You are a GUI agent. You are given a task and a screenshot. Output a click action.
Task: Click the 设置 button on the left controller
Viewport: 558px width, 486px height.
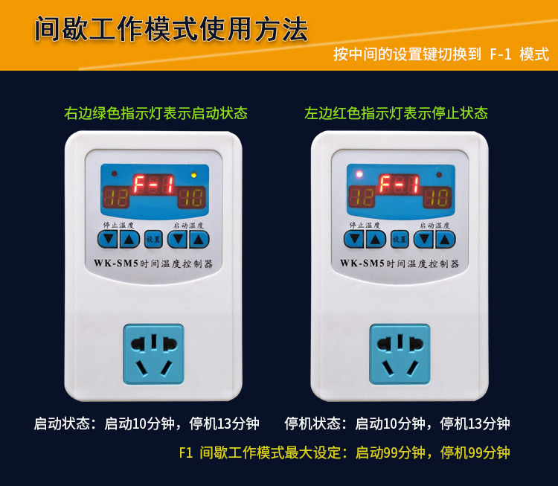point(153,239)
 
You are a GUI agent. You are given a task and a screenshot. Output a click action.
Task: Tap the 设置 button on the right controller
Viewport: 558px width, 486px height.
point(400,239)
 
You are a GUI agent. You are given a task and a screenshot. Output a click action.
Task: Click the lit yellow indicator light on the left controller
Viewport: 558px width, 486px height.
point(194,175)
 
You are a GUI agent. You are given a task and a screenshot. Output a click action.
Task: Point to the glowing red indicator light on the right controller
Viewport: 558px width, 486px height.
point(359,174)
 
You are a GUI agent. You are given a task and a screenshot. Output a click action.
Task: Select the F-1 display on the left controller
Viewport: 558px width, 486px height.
point(154,185)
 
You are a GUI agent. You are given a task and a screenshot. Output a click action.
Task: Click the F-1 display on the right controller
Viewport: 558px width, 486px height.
point(400,185)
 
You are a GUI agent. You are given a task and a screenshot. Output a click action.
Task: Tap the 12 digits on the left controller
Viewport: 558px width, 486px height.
point(116,197)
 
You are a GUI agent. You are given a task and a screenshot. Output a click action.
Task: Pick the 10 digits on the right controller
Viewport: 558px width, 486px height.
point(437,197)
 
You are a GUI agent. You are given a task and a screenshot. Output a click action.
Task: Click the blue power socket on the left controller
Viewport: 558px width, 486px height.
point(154,354)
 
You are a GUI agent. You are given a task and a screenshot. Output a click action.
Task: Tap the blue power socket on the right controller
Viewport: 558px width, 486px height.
point(400,354)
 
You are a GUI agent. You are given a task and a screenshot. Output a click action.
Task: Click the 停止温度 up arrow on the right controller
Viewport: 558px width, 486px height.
point(376,239)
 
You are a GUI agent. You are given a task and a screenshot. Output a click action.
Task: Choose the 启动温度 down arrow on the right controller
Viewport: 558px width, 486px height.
point(423,239)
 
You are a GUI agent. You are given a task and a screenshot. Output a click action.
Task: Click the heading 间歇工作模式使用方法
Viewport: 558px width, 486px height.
point(171,30)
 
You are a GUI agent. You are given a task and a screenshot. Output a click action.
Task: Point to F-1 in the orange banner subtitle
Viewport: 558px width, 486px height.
point(501,54)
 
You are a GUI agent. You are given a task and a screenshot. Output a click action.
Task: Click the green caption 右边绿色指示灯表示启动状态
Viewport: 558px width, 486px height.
point(156,113)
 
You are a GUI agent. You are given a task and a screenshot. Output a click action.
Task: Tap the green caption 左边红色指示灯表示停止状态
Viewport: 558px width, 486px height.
point(396,113)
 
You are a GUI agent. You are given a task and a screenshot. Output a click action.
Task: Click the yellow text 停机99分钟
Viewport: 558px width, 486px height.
point(475,453)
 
